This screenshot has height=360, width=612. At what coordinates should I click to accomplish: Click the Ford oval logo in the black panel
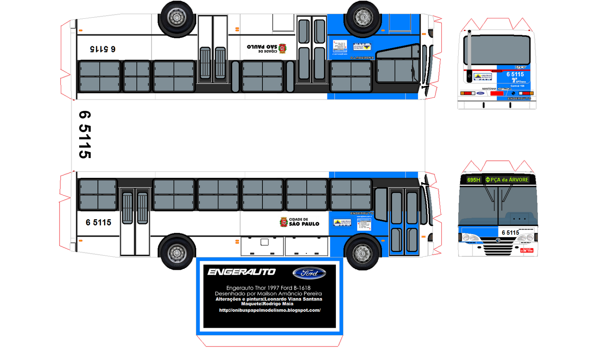tap(309, 273)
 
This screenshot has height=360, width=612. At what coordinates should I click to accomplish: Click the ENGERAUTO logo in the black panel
tap(241, 272)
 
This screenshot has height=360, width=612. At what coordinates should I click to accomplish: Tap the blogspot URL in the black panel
tap(270, 310)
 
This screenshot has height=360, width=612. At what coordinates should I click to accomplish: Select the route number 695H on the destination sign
tap(474, 180)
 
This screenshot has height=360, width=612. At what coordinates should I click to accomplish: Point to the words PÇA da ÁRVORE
tap(509, 180)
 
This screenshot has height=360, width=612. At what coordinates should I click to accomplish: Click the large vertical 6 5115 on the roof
tap(85, 134)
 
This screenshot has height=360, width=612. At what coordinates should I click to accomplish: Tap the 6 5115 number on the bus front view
tap(510, 233)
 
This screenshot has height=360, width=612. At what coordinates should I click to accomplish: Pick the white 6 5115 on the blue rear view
tap(515, 74)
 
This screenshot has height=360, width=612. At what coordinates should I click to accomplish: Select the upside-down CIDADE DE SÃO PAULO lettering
tap(262, 49)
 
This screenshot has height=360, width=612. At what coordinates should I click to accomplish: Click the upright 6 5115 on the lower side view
tap(98, 223)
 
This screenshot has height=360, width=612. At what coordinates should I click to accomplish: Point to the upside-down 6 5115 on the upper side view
tap(103, 49)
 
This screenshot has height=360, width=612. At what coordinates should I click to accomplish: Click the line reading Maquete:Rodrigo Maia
tap(267, 304)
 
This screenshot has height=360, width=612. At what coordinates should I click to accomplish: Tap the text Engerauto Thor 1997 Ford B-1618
tap(268, 288)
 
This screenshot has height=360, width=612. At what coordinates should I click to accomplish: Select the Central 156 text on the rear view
tap(517, 86)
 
